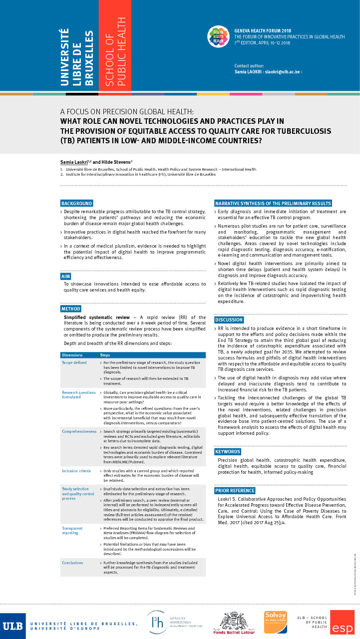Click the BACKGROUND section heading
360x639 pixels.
pos(76,203)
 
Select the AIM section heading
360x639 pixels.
pos(65,276)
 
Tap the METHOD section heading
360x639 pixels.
pos(70,309)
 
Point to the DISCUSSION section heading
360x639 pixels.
pos(229,319)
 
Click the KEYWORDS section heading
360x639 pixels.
pos(228,452)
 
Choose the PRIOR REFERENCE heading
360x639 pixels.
pos(235,490)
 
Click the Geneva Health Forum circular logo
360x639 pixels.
pos(218,36)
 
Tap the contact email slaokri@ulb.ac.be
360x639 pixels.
pos(283,72)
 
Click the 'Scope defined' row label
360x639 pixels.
pos(74,362)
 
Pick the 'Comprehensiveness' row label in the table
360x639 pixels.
pos(79,431)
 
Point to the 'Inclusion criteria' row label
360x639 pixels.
pos(76,471)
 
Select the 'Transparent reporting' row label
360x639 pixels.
pos(72,530)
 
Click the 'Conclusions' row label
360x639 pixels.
pos(72,563)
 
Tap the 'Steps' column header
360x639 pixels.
pos(107,354)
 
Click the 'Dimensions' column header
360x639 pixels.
pos(72,354)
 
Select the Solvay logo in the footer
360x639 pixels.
pos(275,622)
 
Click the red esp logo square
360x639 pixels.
pos(342,623)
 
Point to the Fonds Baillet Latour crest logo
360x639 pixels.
pos(234,623)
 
